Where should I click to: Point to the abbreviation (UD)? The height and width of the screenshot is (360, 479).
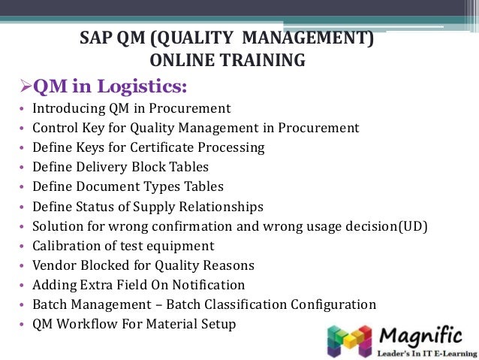(x=413, y=225)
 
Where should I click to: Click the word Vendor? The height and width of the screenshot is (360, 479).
(x=55, y=265)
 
